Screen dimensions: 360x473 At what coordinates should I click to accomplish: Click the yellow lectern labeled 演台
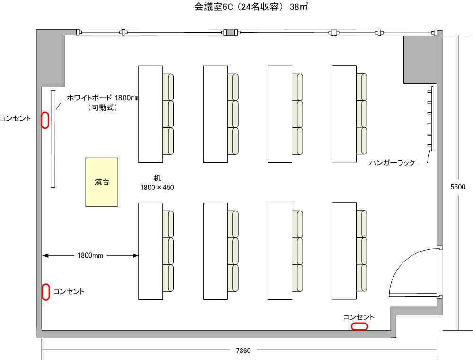pyautogui.click(x=101, y=182)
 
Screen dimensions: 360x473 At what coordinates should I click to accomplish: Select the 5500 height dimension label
pyautogui.click(x=457, y=187)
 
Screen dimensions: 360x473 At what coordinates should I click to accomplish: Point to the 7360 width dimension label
pyautogui.click(x=243, y=351)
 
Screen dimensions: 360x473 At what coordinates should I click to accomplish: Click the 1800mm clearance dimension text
pyautogui.click(x=90, y=256)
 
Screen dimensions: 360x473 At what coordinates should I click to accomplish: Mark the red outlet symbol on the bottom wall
pyautogui.click(x=359, y=326)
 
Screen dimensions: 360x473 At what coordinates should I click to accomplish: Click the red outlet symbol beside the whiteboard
pyautogui.click(x=45, y=119)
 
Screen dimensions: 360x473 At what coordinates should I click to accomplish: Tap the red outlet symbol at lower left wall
pyautogui.click(x=46, y=292)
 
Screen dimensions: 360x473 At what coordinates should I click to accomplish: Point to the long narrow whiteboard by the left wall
pyautogui.click(x=54, y=138)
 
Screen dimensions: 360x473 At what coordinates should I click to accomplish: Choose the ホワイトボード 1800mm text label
pyautogui.click(x=102, y=98)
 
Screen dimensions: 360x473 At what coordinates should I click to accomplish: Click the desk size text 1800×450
pyautogui.click(x=157, y=188)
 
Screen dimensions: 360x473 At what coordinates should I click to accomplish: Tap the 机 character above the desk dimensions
pyautogui.click(x=157, y=178)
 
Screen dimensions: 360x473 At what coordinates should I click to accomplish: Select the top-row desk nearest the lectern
pyautogui.click(x=151, y=114)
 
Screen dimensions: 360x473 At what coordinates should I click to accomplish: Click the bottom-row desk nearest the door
pyautogui.click(x=344, y=251)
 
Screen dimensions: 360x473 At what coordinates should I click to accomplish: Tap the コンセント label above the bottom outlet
pyautogui.click(x=359, y=317)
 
